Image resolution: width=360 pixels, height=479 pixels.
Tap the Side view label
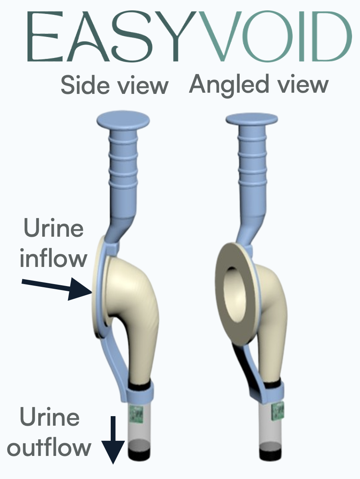[115, 85]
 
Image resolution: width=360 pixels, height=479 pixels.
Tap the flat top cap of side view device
[123, 118]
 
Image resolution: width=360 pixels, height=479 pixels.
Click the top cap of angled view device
[251, 119]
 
